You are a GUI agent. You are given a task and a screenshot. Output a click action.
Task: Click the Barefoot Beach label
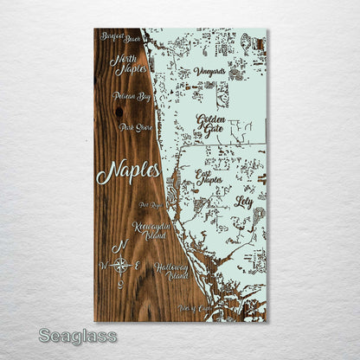[x=119, y=38]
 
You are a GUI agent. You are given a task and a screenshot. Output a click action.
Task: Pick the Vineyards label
[x=209, y=72]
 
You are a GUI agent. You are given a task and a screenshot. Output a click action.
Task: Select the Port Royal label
[x=151, y=206]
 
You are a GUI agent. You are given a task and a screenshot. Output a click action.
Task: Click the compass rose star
[x=123, y=265]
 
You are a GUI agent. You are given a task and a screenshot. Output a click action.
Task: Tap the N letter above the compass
[x=124, y=246]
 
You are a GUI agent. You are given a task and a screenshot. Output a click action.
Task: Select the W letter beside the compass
[x=105, y=265]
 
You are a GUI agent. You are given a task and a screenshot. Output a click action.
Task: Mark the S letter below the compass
[x=121, y=283]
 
